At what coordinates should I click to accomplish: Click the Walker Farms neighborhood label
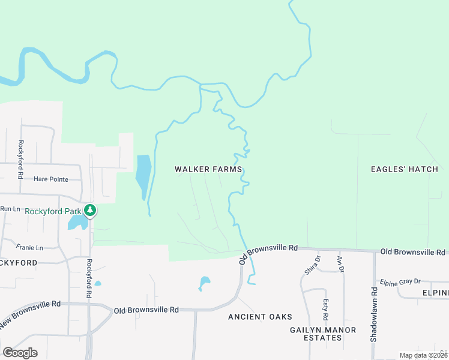pyautogui.click(x=208, y=169)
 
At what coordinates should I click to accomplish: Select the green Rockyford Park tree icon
pyautogui.click(x=90, y=210)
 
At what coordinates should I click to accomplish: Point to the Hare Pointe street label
pyautogui.click(x=56, y=179)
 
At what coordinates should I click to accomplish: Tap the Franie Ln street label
pyautogui.click(x=30, y=247)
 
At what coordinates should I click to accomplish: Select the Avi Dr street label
pyautogui.click(x=340, y=264)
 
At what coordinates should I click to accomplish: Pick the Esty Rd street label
pyautogui.click(x=325, y=309)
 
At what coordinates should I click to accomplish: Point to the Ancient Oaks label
pyautogui.click(x=260, y=317)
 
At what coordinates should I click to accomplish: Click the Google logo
pyautogui.click(x=20, y=353)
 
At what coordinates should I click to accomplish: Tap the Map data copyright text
pyautogui.click(x=423, y=355)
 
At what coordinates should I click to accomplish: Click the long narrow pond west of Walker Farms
pyautogui.click(x=143, y=175)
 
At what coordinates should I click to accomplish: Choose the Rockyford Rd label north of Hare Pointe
pyautogui.click(x=20, y=160)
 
